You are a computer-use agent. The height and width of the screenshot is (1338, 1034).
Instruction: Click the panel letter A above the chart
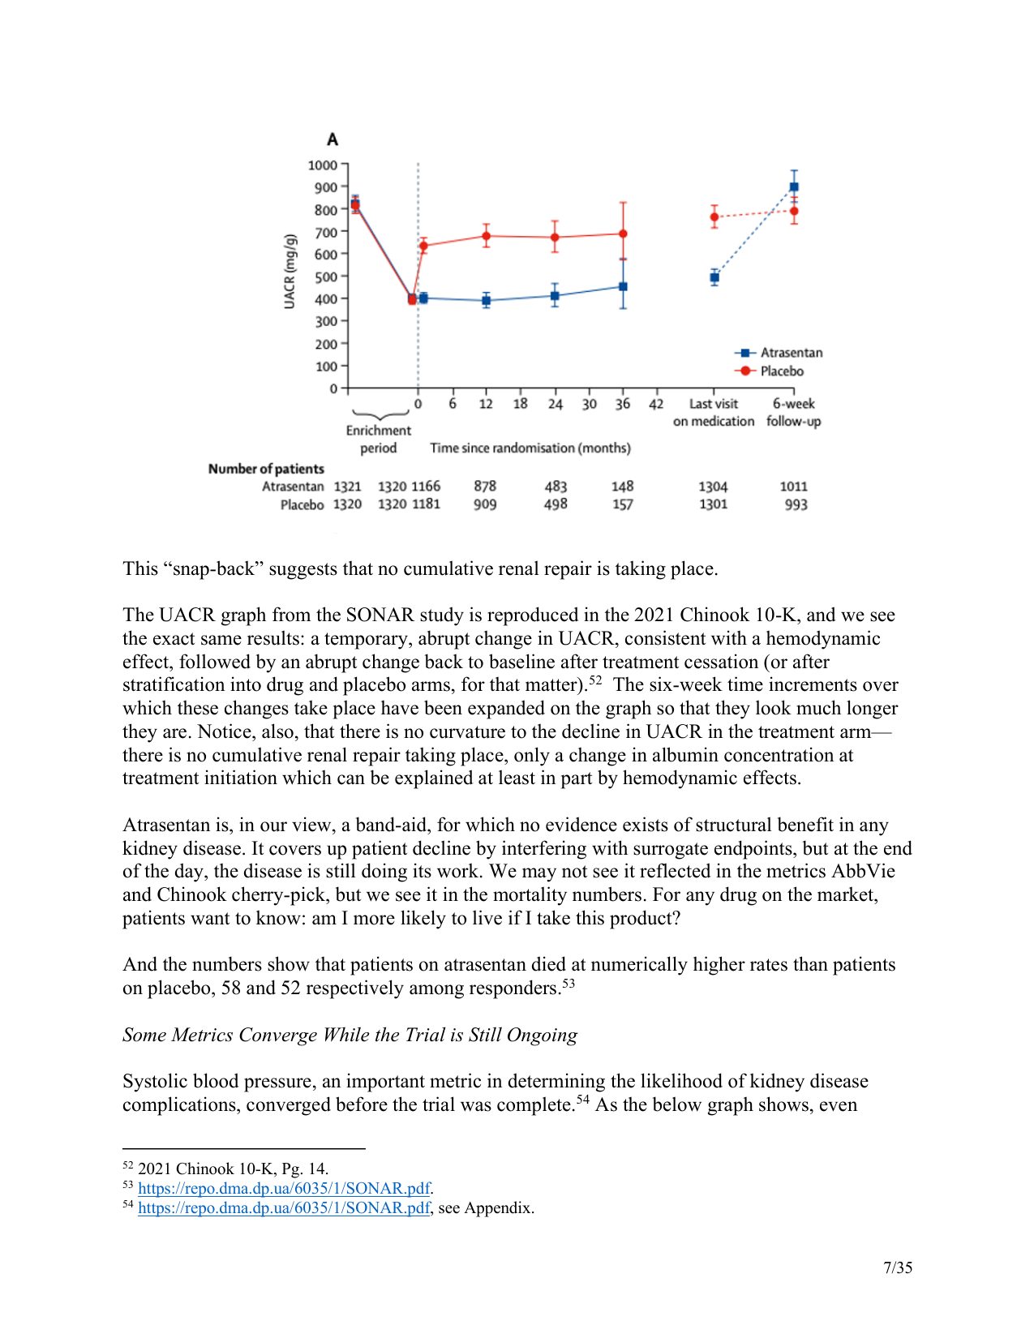[x=333, y=139]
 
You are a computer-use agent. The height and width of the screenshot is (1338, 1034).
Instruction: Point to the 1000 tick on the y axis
[x=322, y=165]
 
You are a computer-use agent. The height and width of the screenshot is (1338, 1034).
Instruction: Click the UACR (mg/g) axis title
[x=290, y=271]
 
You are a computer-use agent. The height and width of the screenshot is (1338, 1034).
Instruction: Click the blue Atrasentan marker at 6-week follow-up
[x=794, y=187]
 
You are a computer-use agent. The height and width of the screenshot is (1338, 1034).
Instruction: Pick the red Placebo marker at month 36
[x=623, y=234]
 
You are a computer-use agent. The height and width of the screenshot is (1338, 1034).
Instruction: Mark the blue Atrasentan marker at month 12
[x=486, y=301]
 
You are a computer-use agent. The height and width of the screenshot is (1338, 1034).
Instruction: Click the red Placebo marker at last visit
[x=714, y=217]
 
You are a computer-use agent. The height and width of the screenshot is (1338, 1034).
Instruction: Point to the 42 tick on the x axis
[x=656, y=404]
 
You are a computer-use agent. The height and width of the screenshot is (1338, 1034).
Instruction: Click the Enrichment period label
[x=379, y=439]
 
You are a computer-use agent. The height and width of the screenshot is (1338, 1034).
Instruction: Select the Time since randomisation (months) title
[x=530, y=448]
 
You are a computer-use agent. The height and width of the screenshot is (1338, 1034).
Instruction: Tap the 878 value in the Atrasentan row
[x=485, y=486]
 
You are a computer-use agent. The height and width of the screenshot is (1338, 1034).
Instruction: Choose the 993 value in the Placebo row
[x=796, y=504]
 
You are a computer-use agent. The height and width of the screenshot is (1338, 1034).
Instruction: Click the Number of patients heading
[x=266, y=469]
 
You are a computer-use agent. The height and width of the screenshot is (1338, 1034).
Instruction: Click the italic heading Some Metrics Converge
[x=350, y=1035]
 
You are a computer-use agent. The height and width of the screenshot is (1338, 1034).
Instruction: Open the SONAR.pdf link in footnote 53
[x=284, y=1188]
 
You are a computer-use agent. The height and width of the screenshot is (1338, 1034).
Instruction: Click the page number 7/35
[x=898, y=1267]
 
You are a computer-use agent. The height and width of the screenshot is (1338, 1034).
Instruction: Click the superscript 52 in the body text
[x=595, y=680]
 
